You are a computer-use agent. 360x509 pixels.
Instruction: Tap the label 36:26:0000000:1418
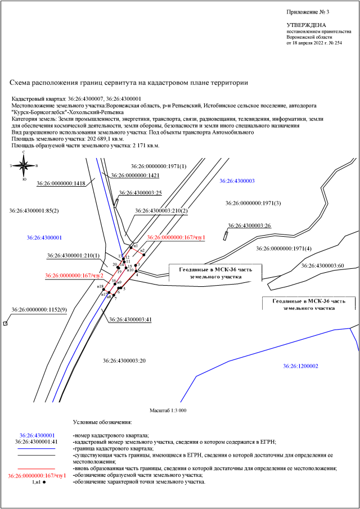click(x=61, y=183)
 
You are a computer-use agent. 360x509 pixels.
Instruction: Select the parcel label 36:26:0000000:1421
click(x=136, y=175)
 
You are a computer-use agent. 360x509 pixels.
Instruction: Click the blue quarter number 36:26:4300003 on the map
click(x=237, y=181)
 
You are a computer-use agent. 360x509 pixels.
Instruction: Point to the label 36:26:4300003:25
click(x=140, y=193)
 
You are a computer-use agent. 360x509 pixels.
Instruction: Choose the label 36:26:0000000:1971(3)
click(x=253, y=203)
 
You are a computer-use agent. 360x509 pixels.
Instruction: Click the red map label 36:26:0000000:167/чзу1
click(x=175, y=238)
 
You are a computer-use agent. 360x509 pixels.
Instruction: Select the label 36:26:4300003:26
click(x=249, y=226)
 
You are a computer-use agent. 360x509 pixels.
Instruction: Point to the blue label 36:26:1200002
click(x=300, y=366)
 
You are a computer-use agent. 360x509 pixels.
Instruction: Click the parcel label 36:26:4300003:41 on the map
click(x=131, y=319)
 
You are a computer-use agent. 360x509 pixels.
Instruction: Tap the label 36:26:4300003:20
click(x=124, y=360)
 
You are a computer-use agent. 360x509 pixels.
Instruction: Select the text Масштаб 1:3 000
click(x=168, y=411)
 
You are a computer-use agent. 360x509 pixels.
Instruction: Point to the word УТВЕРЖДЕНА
click(x=306, y=26)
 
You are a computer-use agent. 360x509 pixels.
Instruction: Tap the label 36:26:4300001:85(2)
click(x=34, y=211)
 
